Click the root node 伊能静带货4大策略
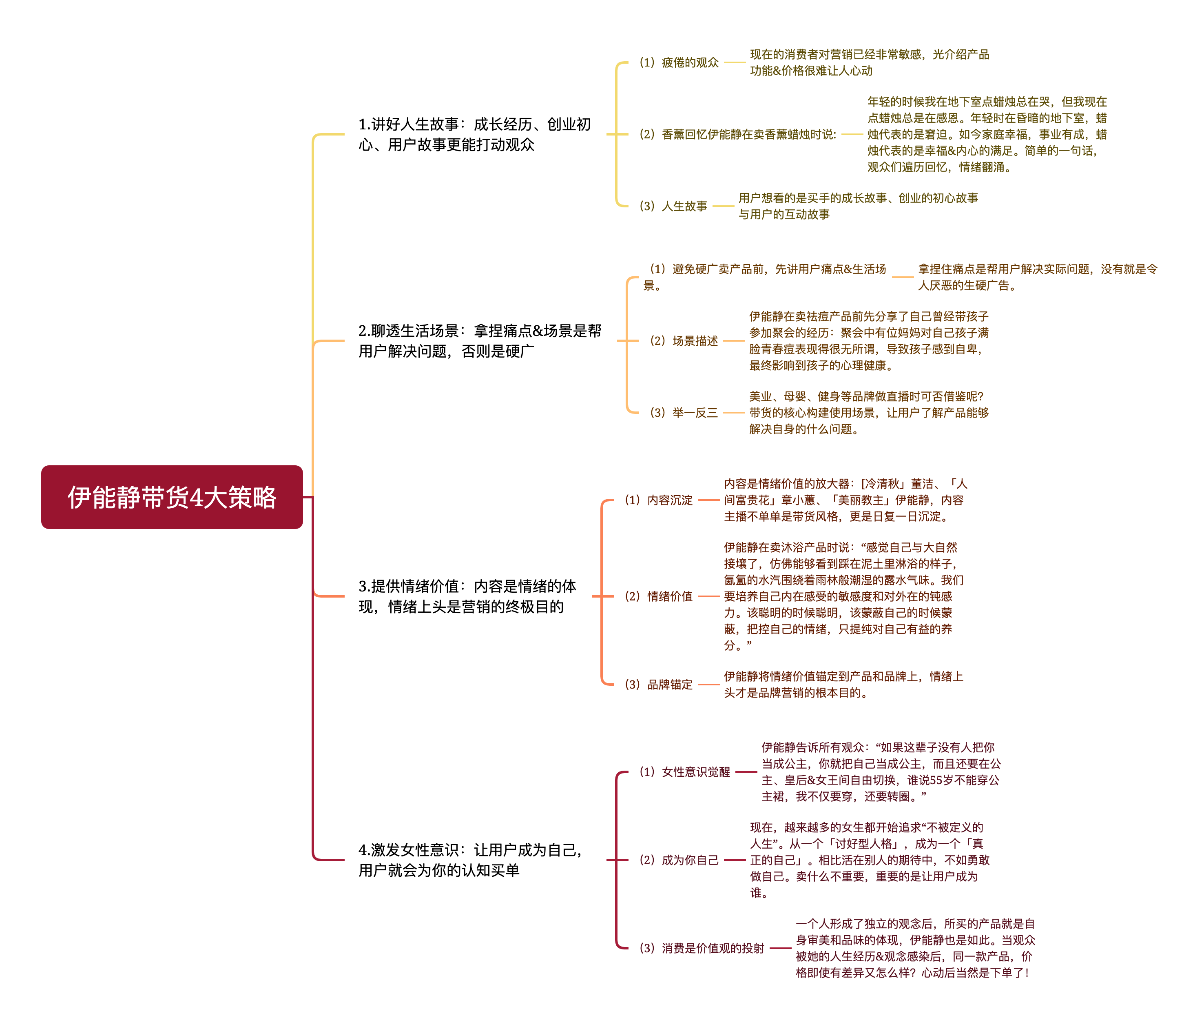(x=172, y=497)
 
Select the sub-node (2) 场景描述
(x=684, y=341)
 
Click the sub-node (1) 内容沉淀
(x=659, y=500)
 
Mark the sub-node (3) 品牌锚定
(x=659, y=685)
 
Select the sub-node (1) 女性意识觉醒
(x=684, y=772)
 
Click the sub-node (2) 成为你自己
(x=679, y=860)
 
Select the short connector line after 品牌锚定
(x=708, y=685)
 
